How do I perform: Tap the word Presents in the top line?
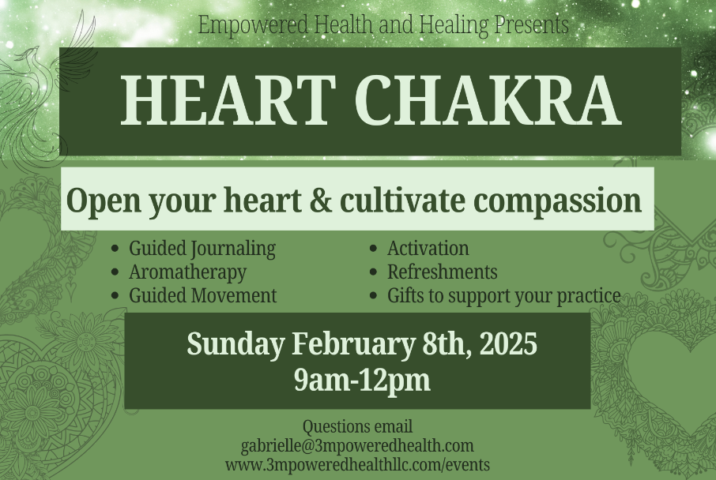pyautogui.click(x=531, y=24)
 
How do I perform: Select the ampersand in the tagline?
pyautogui.click(x=318, y=201)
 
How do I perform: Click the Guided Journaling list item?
pyautogui.click(x=202, y=248)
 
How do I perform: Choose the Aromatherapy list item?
pyautogui.click(x=187, y=272)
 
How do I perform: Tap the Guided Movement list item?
pyautogui.click(x=203, y=296)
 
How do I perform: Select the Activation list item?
pyautogui.click(x=428, y=248)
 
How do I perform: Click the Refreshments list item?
pyautogui.click(x=442, y=272)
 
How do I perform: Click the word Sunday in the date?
pyautogui.click(x=236, y=345)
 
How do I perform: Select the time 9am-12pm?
pyautogui.click(x=362, y=381)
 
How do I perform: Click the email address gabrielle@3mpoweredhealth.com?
pyautogui.click(x=357, y=446)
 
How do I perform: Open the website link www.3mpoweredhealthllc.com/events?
pyautogui.click(x=357, y=464)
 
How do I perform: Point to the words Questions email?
pyautogui.click(x=357, y=427)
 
